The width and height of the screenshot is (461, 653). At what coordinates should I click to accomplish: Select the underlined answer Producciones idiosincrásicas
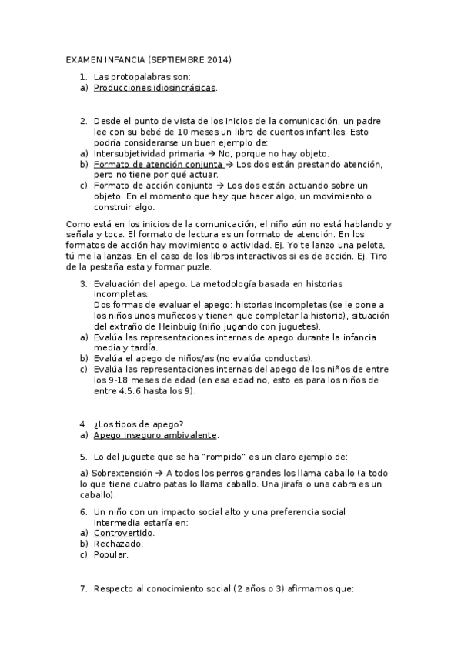155,88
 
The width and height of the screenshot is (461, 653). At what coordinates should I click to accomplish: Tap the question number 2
83,121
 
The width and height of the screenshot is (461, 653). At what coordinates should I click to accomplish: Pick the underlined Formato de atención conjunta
159,164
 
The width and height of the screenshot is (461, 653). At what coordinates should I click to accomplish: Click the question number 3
83,284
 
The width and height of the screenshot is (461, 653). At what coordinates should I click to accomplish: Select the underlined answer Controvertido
123,533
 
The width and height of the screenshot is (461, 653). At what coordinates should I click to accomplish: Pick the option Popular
111,554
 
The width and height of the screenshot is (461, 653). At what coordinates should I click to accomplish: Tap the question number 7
83,588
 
